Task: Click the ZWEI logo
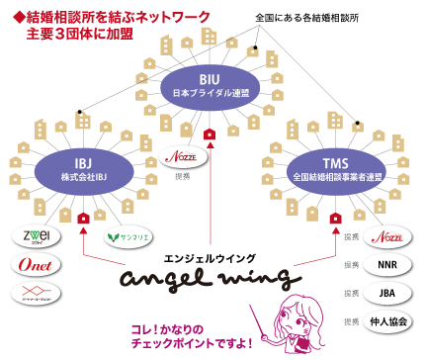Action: tap(36, 236)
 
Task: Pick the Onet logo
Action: tap(36, 265)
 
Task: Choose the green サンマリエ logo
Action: tap(126, 236)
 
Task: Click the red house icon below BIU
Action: tap(208, 134)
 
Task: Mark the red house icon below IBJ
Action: tap(83, 217)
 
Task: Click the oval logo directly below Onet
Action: tap(36, 293)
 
